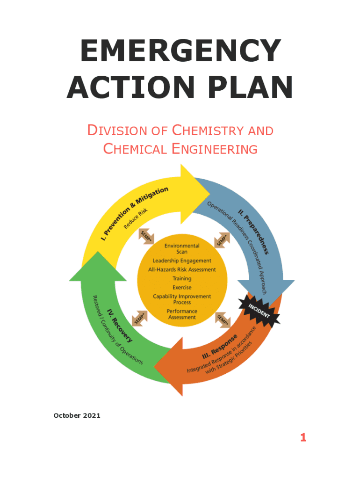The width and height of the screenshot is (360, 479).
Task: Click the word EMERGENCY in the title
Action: click(180, 51)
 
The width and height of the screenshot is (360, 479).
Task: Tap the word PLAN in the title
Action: click(251, 88)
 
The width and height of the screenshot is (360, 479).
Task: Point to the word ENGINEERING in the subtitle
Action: click(215, 149)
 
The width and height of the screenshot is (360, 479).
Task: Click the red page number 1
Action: click(303, 437)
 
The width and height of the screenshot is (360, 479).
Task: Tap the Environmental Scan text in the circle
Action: click(182, 248)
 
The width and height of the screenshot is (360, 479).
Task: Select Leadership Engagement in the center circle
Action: click(182, 261)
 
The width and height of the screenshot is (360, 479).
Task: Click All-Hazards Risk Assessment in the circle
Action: click(182, 269)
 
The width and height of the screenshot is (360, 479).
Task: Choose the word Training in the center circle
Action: click(182, 278)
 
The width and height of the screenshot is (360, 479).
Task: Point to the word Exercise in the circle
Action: click(182, 287)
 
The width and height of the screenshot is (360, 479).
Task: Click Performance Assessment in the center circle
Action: click(182, 314)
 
